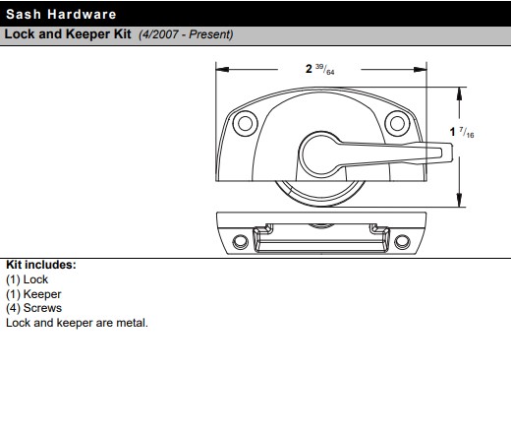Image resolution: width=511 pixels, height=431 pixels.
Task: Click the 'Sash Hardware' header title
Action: point(61,14)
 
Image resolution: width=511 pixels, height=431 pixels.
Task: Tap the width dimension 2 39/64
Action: point(320,69)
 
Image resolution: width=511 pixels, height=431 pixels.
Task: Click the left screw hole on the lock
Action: point(241,124)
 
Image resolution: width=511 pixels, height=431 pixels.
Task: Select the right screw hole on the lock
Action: point(395,123)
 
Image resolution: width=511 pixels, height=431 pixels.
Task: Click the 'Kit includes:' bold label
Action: point(41,265)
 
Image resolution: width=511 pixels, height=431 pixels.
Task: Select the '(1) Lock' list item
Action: point(28,279)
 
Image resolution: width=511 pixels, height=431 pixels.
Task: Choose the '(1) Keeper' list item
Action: point(33,293)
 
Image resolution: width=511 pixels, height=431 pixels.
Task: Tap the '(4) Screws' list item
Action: point(34,307)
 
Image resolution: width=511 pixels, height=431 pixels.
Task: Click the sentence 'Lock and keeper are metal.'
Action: point(77,322)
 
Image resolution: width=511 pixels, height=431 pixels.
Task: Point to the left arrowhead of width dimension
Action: point(220,69)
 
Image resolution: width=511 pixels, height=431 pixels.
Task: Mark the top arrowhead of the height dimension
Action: point(460,92)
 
